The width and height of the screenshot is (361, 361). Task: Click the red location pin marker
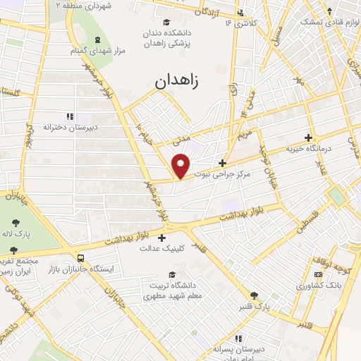pos(182,166)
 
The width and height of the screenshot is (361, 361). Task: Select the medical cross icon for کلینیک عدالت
pos(163,237)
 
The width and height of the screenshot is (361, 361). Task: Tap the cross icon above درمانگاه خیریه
pos(307,138)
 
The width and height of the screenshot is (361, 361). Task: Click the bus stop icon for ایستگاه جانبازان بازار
pos(81,259)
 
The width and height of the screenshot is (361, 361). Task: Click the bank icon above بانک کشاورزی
pos(318,274)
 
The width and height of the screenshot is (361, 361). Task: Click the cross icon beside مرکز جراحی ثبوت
pos(223,164)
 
